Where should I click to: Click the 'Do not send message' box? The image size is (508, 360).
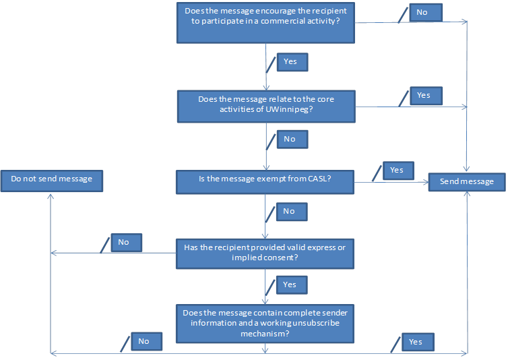52,180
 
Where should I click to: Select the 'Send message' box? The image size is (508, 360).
466,181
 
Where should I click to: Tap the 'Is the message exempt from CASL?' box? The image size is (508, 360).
265,180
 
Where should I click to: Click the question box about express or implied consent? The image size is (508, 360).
265,252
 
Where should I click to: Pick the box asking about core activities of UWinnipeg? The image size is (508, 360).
265,106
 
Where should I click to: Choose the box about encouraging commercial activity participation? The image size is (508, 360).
265,22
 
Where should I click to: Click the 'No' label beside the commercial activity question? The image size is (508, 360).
425,12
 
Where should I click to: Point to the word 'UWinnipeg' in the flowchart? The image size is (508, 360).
289,111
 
